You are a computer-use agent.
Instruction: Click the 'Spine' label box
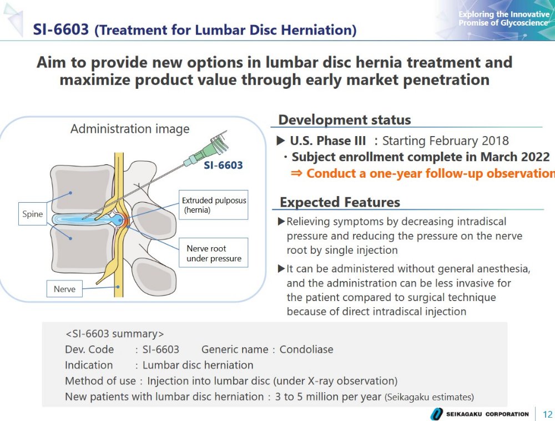coord(33,214)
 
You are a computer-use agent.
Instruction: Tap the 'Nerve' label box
coord(64,289)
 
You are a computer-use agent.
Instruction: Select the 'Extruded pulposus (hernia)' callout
coord(214,205)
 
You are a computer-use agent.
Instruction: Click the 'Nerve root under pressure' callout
coord(214,253)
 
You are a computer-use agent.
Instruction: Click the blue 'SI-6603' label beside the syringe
coord(223,166)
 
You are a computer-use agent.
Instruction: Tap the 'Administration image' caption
coord(130,129)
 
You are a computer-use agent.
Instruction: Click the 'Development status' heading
coord(345,120)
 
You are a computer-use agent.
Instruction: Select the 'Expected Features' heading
coord(340,202)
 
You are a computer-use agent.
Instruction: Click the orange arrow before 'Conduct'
coord(296,173)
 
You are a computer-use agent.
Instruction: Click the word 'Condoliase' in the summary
coord(306,349)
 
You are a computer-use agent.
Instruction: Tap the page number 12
coord(547,414)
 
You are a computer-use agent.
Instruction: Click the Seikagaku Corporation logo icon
coord(436,414)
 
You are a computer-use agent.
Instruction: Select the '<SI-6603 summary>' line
coord(115,334)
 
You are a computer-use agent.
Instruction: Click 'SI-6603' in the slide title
coord(61,29)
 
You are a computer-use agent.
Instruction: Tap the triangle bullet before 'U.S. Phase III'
coord(281,141)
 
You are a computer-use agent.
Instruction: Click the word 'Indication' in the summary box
coord(89,365)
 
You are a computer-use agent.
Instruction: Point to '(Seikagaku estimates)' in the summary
coord(429,397)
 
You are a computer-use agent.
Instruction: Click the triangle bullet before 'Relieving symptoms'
coord(281,222)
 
